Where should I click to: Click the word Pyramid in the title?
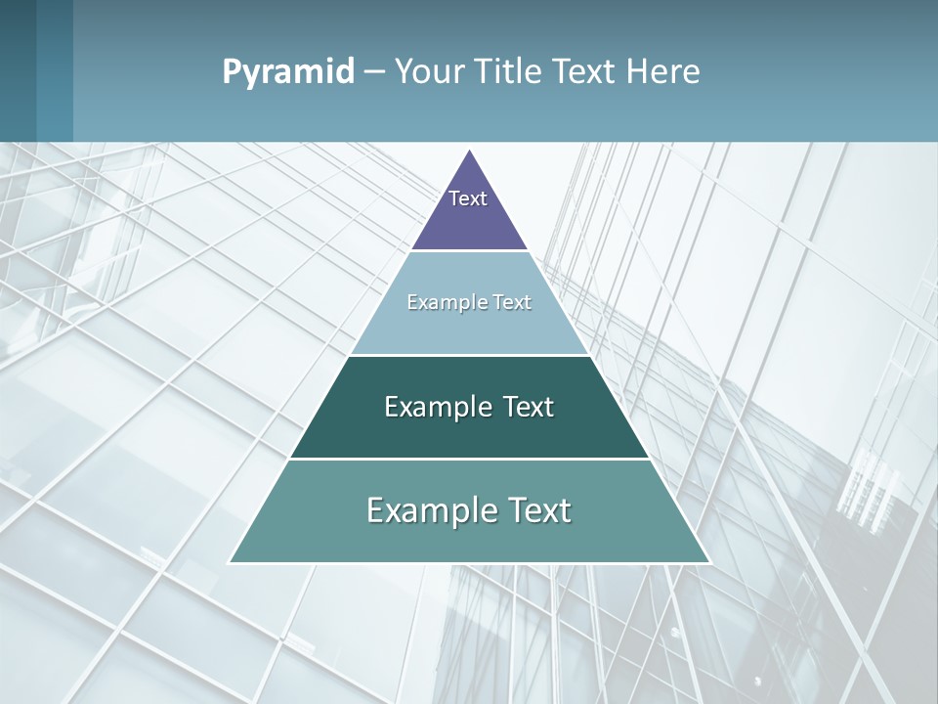point(287,72)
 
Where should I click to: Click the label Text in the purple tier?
point(468,198)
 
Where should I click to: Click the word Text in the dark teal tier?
point(526,407)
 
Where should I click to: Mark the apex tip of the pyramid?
point(470,152)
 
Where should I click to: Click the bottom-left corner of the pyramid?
point(231,561)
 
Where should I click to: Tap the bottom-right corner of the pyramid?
point(708,561)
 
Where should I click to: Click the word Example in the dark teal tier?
point(437,407)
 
